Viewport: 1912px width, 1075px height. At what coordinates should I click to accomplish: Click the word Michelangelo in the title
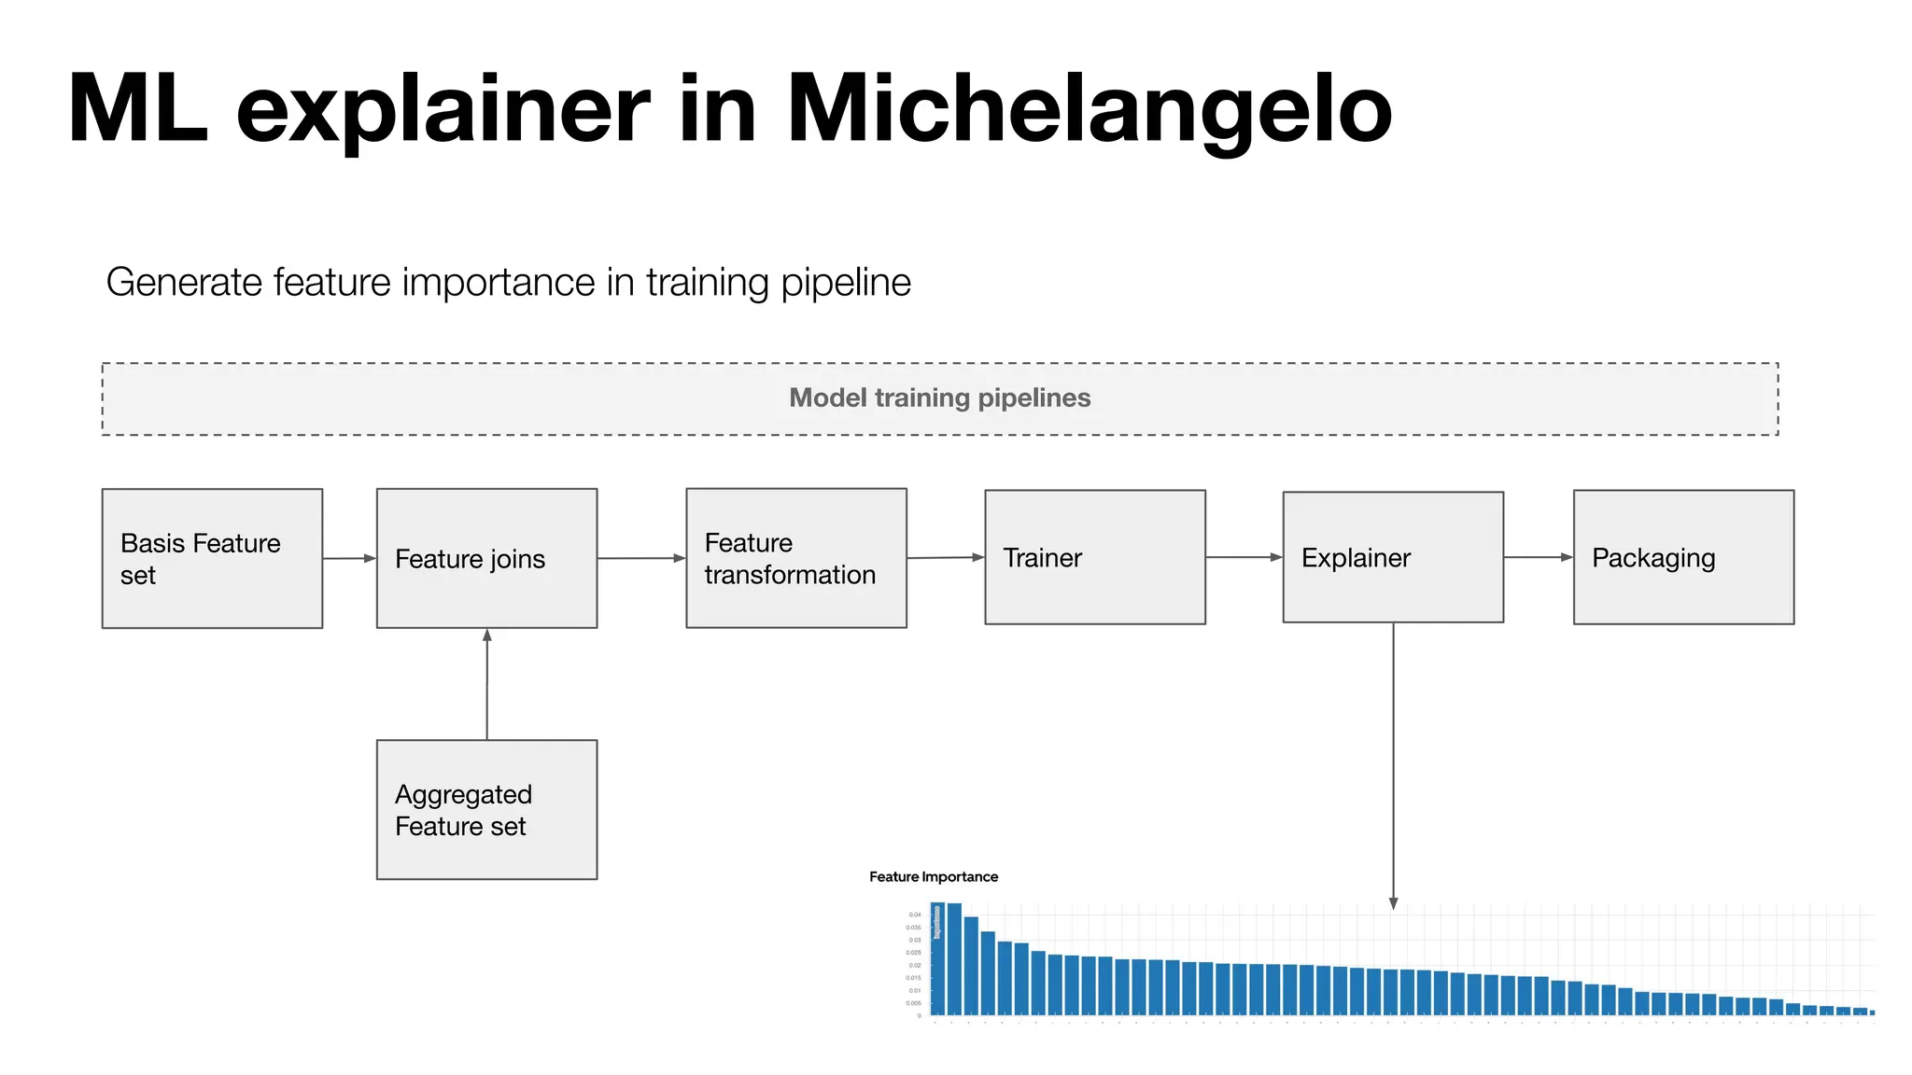(x=1090, y=110)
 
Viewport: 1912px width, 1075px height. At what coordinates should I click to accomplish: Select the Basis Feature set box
(x=212, y=558)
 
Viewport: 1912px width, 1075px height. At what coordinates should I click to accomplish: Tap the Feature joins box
(x=486, y=558)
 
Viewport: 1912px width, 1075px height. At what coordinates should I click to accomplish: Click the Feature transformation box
(x=795, y=558)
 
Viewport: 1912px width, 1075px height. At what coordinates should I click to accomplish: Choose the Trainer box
(x=1094, y=557)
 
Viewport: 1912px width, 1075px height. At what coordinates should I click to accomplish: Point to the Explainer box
(x=1392, y=557)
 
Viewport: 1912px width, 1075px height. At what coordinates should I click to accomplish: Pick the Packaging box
(x=1682, y=557)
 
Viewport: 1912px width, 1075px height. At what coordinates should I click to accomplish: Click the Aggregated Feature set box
(x=486, y=809)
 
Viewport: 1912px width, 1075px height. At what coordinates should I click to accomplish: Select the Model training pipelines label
(x=939, y=398)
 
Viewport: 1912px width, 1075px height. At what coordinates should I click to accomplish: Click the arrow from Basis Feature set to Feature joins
(x=349, y=558)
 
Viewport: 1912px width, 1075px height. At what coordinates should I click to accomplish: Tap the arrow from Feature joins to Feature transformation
(x=641, y=558)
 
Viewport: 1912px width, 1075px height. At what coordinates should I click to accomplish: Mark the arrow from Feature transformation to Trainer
(x=945, y=558)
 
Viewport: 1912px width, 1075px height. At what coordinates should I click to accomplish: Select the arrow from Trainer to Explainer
(x=1244, y=557)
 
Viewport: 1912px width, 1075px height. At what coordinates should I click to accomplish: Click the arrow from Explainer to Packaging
(x=1538, y=557)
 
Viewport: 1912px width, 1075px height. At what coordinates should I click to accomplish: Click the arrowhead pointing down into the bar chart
(x=1393, y=902)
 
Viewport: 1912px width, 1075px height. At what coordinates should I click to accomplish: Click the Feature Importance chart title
(x=933, y=877)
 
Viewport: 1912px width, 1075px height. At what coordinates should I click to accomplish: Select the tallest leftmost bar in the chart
(x=938, y=959)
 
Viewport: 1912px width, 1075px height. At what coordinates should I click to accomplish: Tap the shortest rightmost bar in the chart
(x=1872, y=1012)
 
